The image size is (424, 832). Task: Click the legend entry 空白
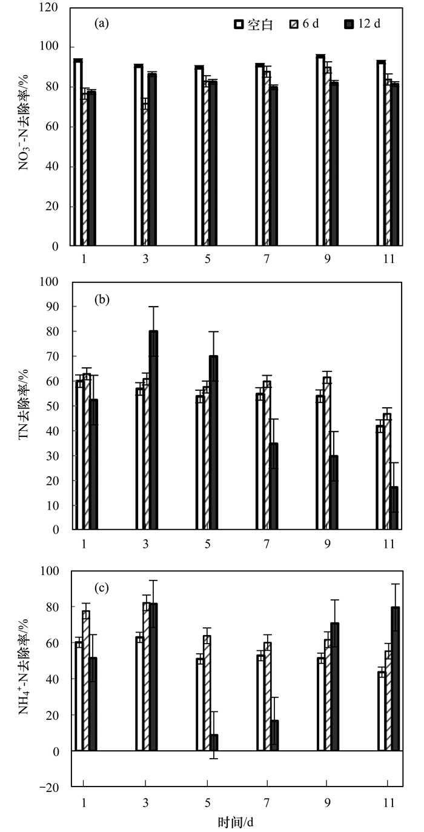pos(254,25)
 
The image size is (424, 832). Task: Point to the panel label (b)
pos(101,299)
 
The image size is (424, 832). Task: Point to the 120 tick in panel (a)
pos(54,8)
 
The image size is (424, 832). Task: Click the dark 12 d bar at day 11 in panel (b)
pos(394,508)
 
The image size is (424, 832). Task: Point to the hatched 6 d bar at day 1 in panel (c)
pos(86,681)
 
